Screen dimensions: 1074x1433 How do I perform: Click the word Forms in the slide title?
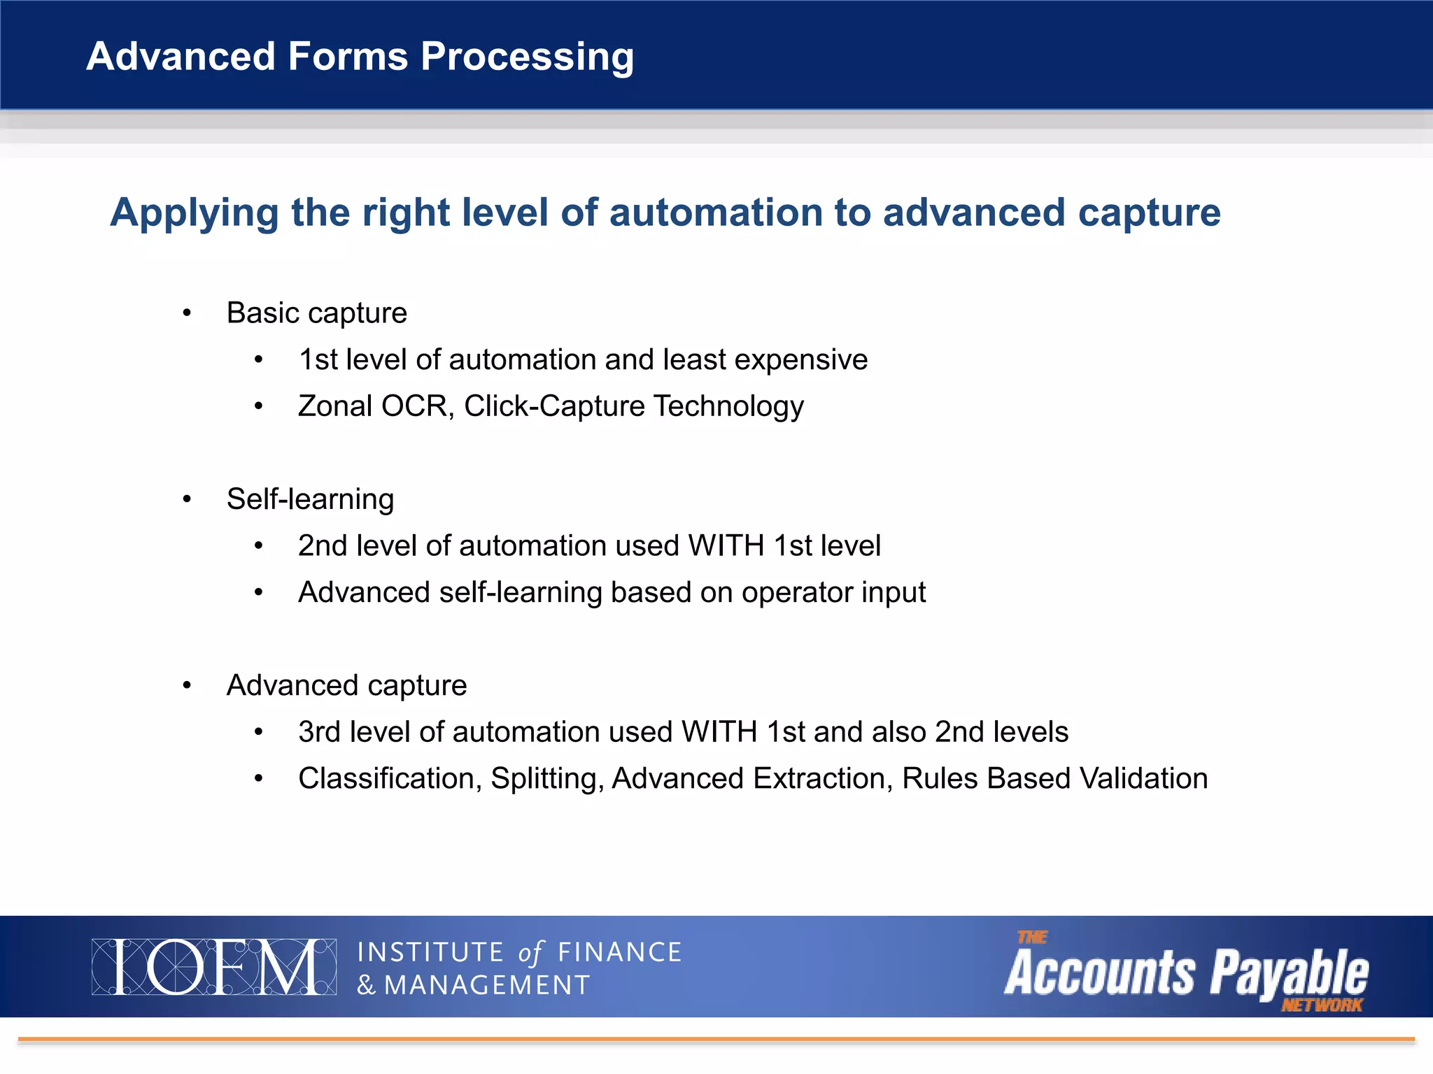(x=348, y=57)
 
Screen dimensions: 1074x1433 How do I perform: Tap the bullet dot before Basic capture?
(x=187, y=313)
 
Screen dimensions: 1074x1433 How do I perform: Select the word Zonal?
(x=334, y=406)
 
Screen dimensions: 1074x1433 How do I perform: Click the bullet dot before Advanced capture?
(x=187, y=686)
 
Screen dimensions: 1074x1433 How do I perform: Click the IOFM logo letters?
(x=213, y=967)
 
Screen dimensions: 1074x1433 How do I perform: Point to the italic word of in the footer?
(x=530, y=952)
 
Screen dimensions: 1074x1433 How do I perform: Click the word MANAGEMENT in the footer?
(x=487, y=985)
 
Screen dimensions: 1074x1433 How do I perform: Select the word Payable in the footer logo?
(x=1289, y=973)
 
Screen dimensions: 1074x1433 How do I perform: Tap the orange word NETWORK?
(x=1321, y=1005)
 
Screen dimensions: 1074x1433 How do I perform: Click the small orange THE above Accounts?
(x=1032, y=937)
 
